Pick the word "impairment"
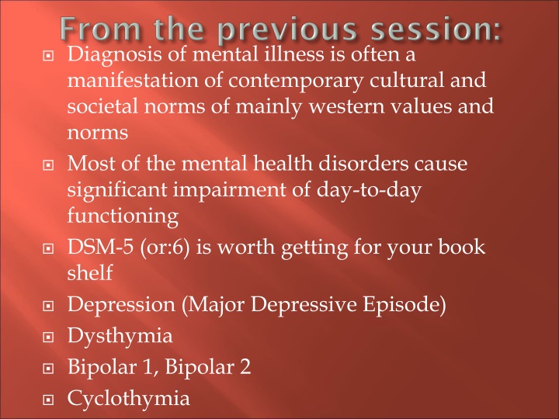coord(239,189)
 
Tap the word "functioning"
coord(113,215)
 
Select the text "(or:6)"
coord(156,248)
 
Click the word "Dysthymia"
coord(120,338)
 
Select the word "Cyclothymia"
coord(128,399)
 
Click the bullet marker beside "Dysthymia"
coord(48,338)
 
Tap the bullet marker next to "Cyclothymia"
coord(48,400)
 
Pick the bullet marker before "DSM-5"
coord(48,250)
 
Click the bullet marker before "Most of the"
coord(48,165)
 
